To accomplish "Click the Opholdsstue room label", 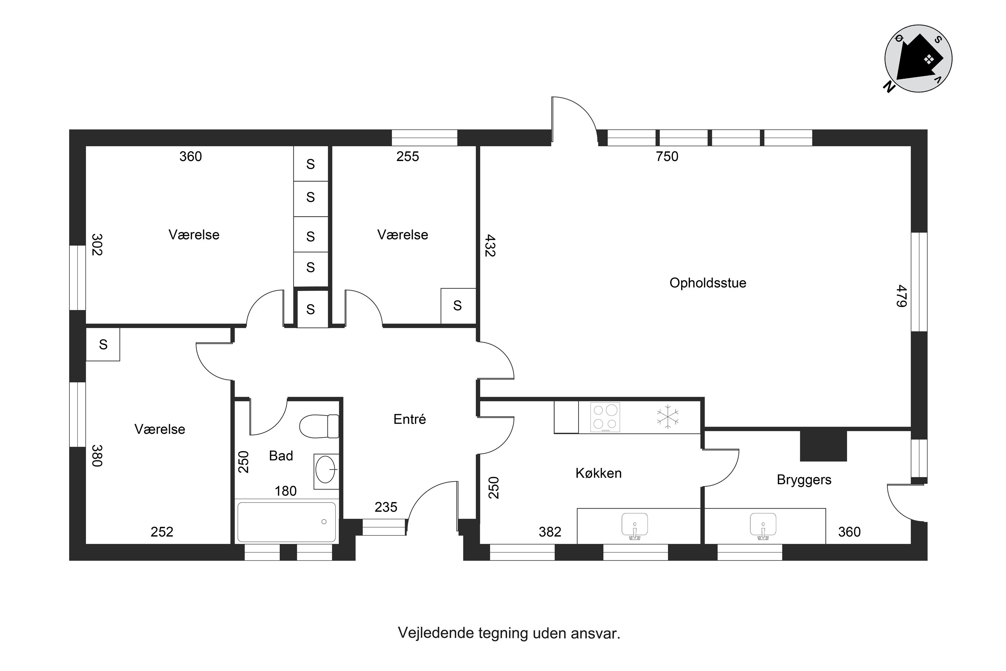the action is tap(708, 283).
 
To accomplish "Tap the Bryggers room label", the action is tap(804, 480).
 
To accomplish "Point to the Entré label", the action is tap(409, 419).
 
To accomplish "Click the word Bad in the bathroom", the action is tap(281, 456).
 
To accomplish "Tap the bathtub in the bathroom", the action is tap(287, 522).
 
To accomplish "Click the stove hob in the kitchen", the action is tap(605, 417).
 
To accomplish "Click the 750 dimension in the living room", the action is tap(667, 157).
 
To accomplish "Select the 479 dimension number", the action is tap(901, 296).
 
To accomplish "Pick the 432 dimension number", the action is tap(490, 245).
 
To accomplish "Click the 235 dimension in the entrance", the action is tap(386, 507).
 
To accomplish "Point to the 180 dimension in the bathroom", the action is tap(286, 491).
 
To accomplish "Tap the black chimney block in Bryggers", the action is tap(823, 446).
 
